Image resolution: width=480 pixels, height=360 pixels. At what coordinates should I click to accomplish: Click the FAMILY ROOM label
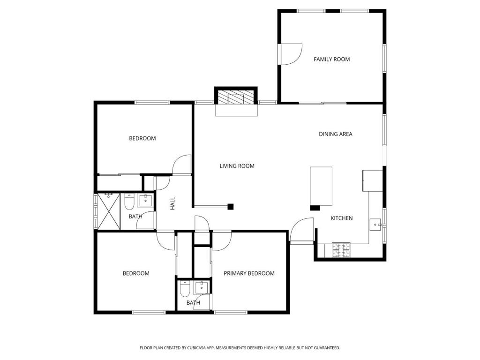331,60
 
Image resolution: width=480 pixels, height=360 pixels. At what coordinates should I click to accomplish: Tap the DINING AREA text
336,134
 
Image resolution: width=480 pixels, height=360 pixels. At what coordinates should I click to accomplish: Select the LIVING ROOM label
237,166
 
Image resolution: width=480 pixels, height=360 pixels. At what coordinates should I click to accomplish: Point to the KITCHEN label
342,218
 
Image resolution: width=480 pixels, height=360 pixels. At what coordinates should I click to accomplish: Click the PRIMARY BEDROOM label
249,273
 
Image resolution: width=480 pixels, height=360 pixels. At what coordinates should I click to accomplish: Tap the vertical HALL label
172,203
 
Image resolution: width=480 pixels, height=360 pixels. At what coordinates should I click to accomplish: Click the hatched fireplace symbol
236,97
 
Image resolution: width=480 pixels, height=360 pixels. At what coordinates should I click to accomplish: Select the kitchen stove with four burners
341,249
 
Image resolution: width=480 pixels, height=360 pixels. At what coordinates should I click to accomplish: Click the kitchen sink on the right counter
375,225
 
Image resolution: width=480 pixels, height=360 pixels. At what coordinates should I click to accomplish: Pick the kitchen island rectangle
321,186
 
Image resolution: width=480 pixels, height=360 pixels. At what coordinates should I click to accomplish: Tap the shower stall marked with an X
109,211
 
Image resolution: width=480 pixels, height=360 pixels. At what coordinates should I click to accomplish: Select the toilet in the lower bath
185,289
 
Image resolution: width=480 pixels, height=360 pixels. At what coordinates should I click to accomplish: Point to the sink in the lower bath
202,288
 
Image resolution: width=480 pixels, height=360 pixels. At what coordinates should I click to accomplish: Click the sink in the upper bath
145,201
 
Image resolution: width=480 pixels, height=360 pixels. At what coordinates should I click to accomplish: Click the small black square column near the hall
231,207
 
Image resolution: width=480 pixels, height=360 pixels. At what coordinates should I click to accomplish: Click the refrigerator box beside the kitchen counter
373,180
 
